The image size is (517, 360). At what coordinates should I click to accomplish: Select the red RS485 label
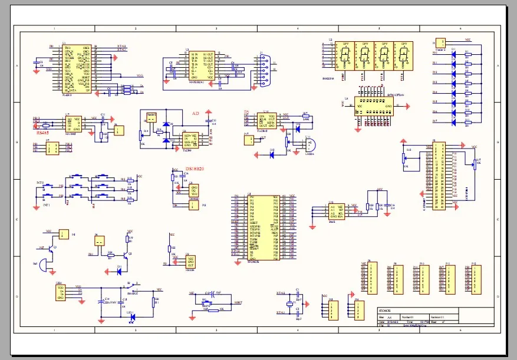pyautogui.click(x=42, y=133)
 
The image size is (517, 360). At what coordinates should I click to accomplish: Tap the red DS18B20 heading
pyautogui.click(x=195, y=170)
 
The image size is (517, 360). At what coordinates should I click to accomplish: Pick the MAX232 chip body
pyautogui.click(x=201, y=65)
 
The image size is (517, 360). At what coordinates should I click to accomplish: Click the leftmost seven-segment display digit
pyautogui.click(x=345, y=57)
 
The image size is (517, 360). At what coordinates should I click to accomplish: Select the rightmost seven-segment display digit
pyautogui.click(x=404, y=57)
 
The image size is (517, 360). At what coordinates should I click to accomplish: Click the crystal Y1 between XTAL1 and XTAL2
pyautogui.click(x=289, y=304)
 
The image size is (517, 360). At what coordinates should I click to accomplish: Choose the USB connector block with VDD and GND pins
pyautogui.click(x=60, y=292)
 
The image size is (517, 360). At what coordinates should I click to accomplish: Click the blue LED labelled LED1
pyautogui.click(x=132, y=317)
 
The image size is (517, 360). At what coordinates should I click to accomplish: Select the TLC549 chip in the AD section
pyautogui.click(x=190, y=141)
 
